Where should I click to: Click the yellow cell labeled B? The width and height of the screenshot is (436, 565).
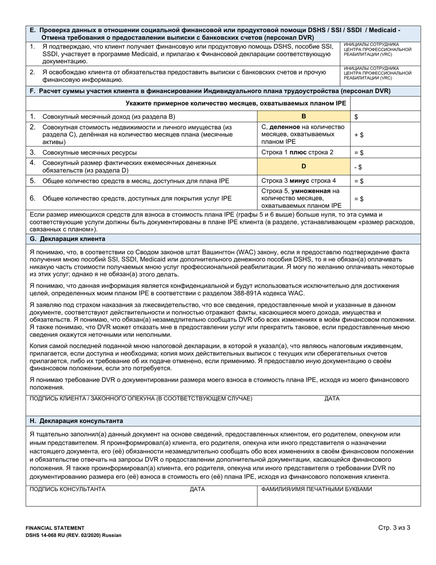tap(303, 116)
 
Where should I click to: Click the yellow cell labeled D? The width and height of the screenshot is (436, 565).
tap(303, 167)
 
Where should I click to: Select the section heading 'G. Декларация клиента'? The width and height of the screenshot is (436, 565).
tap(67, 239)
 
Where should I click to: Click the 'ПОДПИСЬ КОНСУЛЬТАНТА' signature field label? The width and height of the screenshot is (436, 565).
tap(67, 489)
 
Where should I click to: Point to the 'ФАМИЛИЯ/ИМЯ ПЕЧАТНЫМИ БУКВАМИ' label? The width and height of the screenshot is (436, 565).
tap(316, 489)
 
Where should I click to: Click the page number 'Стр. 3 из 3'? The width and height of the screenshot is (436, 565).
tap(394, 528)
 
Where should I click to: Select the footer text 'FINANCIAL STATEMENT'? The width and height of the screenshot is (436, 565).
tap(55, 528)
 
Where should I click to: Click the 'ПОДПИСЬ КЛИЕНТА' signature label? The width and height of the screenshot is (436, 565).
tap(140, 398)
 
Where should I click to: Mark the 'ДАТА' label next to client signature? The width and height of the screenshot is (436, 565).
tap(332, 398)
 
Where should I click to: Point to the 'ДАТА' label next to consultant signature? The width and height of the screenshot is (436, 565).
tap(197, 489)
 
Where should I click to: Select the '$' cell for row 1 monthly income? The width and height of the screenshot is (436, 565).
tap(357, 117)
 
